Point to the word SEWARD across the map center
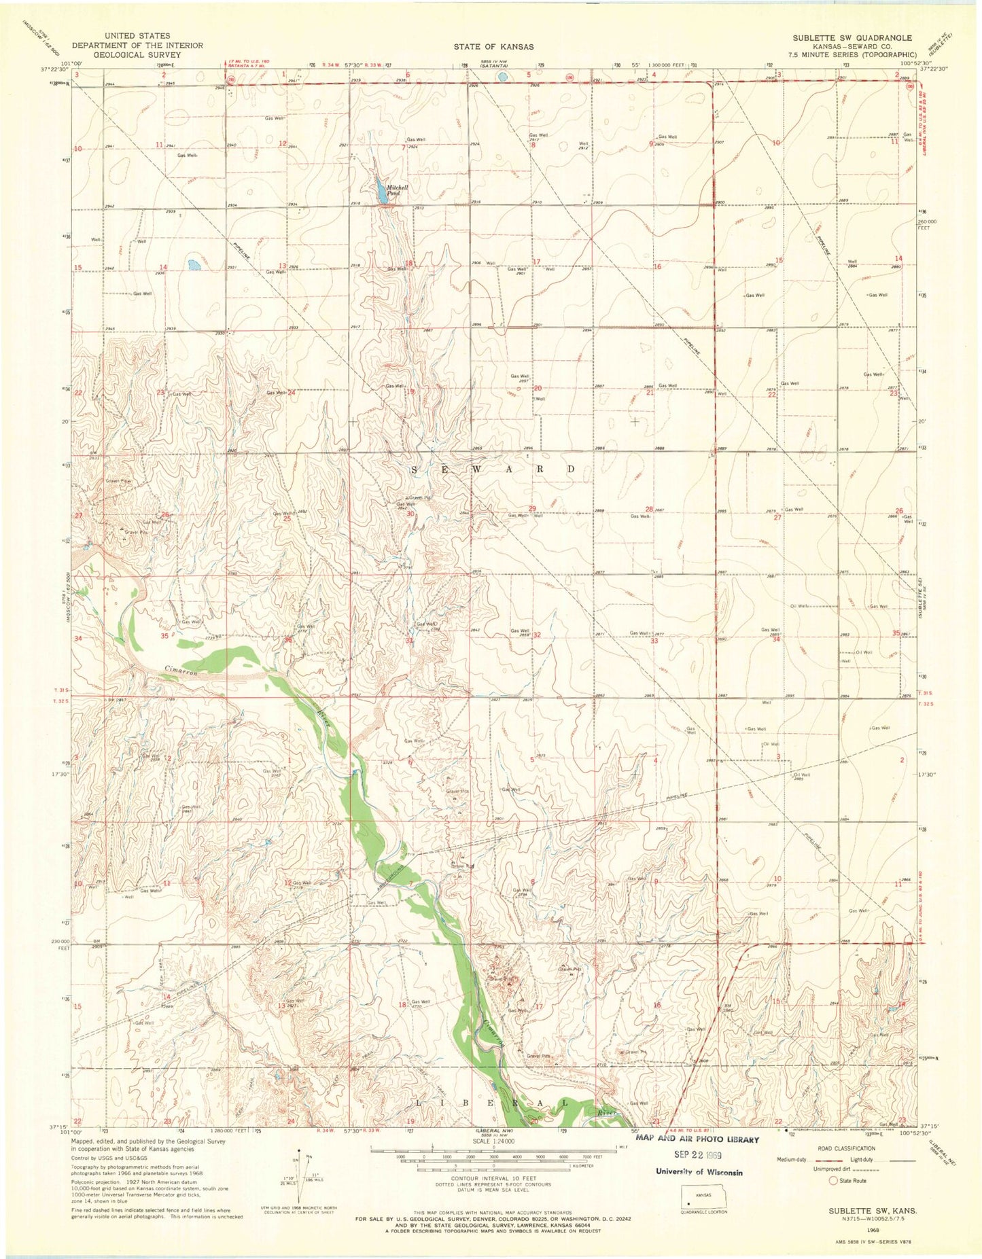[494, 469]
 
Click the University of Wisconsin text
[699, 1171]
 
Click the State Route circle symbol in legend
[833, 1180]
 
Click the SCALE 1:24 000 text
[494, 1141]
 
